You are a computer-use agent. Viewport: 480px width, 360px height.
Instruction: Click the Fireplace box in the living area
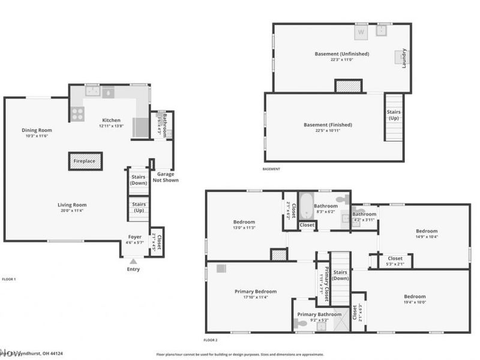pyautogui.click(x=85, y=161)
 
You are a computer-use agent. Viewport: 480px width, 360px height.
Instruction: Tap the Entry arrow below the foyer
pyautogui.click(x=133, y=262)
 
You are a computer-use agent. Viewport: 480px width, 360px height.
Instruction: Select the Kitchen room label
pyautogui.click(x=111, y=120)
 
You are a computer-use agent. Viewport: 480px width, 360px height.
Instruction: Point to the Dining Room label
pyautogui.click(x=37, y=130)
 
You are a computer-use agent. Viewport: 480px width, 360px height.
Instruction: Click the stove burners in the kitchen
pyautogui.click(x=77, y=114)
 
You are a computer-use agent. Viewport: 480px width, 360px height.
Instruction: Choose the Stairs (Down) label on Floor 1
pyautogui.click(x=139, y=179)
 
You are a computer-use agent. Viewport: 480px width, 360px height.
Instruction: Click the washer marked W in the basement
pyautogui.click(x=361, y=31)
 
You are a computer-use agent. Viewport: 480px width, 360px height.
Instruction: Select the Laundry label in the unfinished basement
pyautogui.click(x=404, y=58)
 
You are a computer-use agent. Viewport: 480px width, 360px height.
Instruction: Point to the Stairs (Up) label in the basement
pyautogui.click(x=394, y=115)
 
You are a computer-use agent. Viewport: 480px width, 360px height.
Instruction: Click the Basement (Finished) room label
pyautogui.click(x=328, y=125)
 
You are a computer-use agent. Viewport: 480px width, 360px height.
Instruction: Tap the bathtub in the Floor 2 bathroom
pyautogui.click(x=305, y=205)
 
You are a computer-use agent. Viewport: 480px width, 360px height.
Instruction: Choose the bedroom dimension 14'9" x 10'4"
pyautogui.click(x=427, y=237)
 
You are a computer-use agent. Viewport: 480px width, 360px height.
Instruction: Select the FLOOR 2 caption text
pyautogui.click(x=210, y=340)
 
